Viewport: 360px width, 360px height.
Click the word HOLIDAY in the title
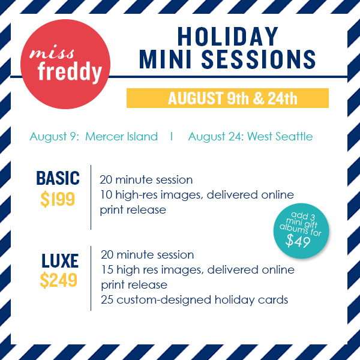point(228,37)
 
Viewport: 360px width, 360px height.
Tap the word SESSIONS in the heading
point(259,59)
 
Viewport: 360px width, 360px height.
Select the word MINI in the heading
point(165,59)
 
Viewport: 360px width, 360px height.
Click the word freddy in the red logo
point(70,72)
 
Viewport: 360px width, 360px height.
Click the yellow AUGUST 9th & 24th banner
point(227,98)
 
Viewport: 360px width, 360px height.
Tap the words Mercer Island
point(121,136)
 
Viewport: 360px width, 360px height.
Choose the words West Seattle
point(280,136)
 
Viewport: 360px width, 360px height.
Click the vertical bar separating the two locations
point(172,136)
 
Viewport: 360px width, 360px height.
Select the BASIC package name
point(58,178)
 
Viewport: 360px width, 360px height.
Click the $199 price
point(58,199)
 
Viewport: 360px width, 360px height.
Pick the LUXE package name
point(60,261)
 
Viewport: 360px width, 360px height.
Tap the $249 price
point(59,280)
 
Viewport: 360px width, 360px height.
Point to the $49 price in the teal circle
point(298,241)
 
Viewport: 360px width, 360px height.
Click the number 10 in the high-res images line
point(106,195)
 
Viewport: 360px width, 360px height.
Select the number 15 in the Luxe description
point(107,270)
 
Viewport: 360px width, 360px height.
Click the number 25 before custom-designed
point(107,300)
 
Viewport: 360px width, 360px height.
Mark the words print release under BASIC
point(133,210)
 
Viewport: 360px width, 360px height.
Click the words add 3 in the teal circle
point(303,216)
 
